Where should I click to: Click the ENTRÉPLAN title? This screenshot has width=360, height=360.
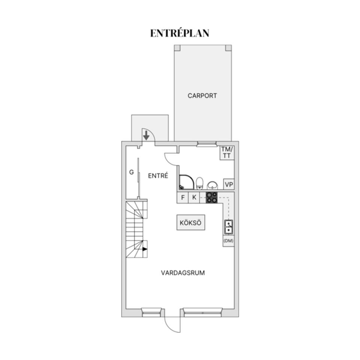click(180, 33)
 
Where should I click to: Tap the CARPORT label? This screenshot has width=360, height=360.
click(202, 96)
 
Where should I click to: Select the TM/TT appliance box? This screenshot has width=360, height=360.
click(227, 152)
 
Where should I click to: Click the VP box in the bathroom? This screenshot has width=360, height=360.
click(228, 184)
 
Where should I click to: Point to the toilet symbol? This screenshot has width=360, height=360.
click(200, 183)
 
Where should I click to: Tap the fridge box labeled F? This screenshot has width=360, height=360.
click(183, 198)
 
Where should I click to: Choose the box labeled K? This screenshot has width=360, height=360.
click(194, 198)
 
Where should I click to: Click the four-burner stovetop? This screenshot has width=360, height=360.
click(211, 197)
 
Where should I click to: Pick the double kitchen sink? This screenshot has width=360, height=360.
click(228, 227)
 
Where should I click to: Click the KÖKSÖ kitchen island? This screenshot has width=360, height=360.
click(190, 223)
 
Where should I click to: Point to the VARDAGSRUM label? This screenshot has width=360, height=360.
click(183, 273)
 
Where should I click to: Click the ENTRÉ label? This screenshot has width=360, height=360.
click(157, 175)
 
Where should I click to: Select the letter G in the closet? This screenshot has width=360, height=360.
click(131, 172)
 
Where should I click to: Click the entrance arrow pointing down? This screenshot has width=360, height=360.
click(146, 135)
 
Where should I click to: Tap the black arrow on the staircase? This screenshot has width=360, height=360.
click(144, 249)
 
